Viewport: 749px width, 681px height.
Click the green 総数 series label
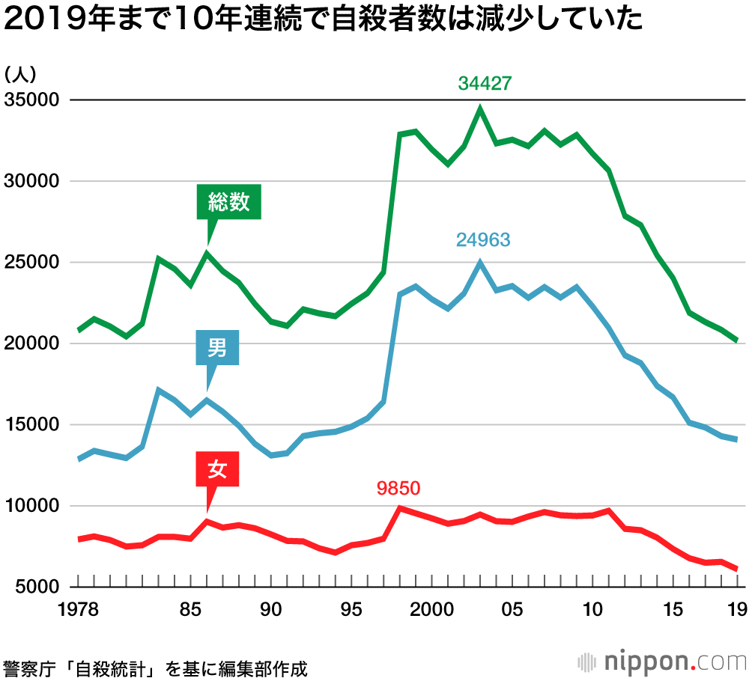coord(228,201)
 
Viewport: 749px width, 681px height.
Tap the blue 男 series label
coord(216,348)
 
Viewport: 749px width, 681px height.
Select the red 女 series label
coord(216,469)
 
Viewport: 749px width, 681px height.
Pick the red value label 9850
coord(399,489)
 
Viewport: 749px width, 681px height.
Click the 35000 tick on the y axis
coord(31,100)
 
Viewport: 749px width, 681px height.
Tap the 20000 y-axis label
coord(31,343)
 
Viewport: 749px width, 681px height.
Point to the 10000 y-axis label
coord(31,506)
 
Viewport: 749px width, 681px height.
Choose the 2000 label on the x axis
coord(431,609)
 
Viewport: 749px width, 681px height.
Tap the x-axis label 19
coord(736,609)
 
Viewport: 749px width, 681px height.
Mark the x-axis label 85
coord(191,609)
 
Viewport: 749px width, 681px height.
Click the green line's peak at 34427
coord(480,109)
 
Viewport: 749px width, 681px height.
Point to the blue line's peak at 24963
coord(480,263)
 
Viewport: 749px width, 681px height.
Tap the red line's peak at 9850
coord(399,508)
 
